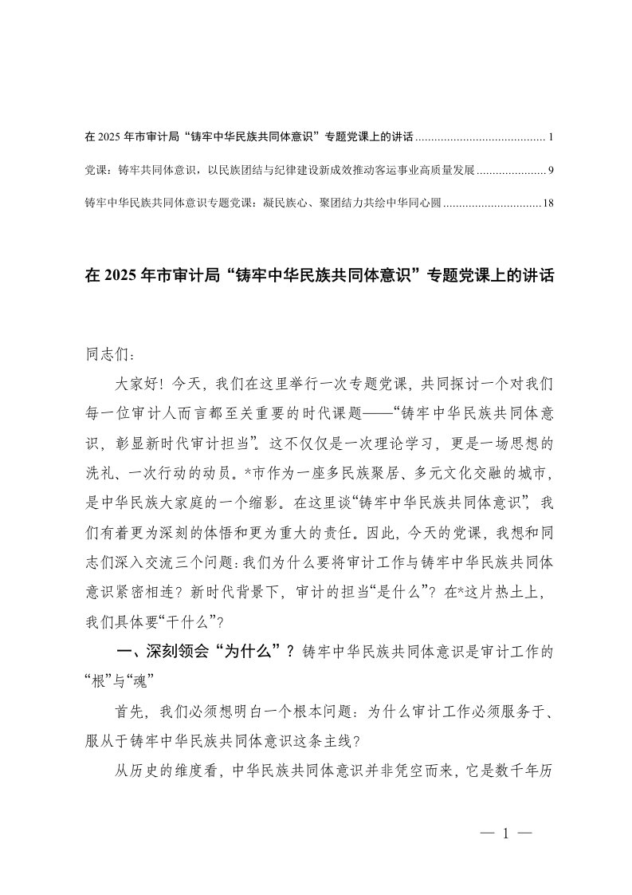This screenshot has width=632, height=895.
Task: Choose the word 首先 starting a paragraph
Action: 132,710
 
